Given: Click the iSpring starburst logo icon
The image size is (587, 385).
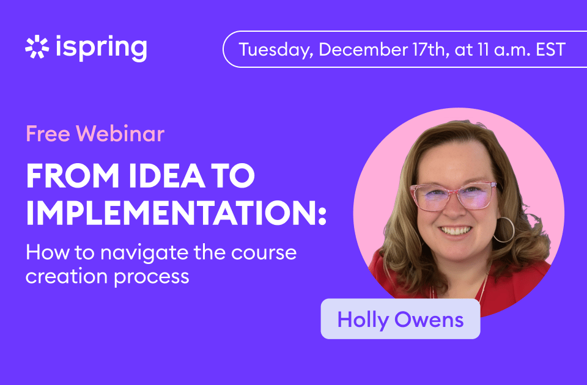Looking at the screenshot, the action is click(x=37, y=47).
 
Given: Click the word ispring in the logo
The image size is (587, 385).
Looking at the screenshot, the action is click(x=102, y=48).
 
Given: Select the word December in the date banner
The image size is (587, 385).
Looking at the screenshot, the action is click(x=363, y=50).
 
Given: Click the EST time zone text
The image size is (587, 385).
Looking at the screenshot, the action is click(x=550, y=50).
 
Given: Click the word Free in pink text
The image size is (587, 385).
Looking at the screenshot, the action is click(x=48, y=134).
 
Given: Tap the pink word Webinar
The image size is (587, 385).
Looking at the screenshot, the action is click(x=120, y=134).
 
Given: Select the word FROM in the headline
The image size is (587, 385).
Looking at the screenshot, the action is click(x=73, y=175).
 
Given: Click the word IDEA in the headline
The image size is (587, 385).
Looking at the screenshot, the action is click(x=166, y=175).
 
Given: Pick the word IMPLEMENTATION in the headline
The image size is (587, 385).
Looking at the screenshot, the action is click(x=176, y=212).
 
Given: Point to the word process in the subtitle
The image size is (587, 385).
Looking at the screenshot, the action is click(x=151, y=277).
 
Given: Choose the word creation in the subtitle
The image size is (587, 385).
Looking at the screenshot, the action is click(x=67, y=276).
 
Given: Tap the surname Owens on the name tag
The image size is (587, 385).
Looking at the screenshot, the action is click(x=429, y=320).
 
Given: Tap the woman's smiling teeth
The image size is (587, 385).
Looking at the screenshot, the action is click(x=455, y=230).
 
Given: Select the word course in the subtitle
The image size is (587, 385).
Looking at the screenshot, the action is click(x=264, y=253).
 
